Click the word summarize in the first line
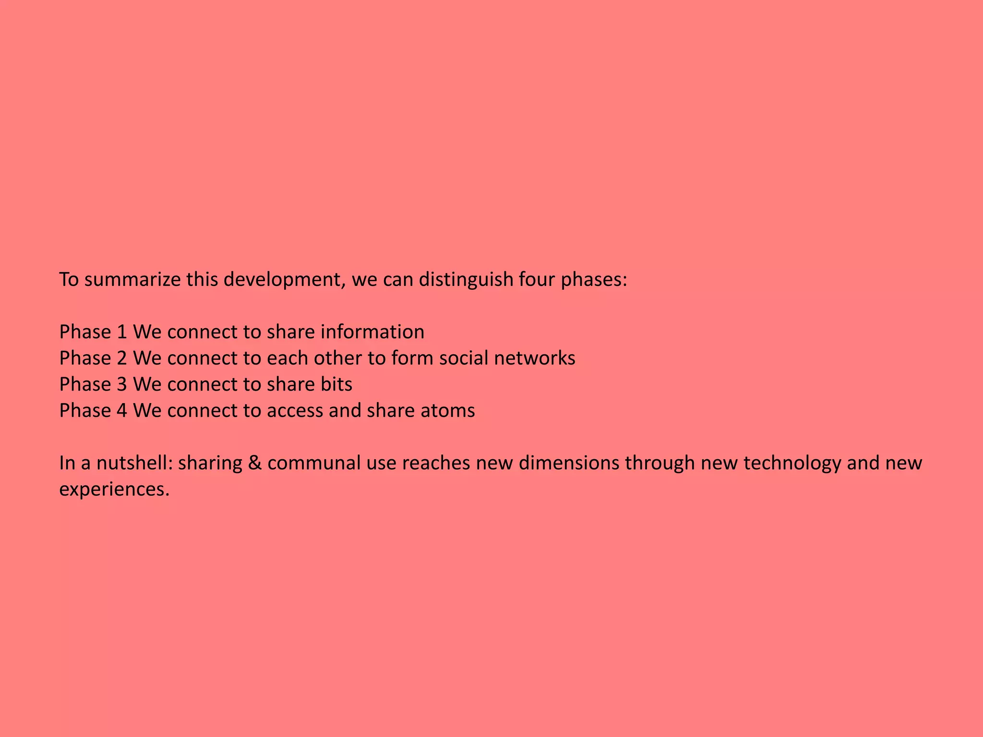132,279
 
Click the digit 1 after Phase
122,332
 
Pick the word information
372,332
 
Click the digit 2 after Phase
122,358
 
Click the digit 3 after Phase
122,384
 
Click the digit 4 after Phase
122,411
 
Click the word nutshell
134,463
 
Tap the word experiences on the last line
114,489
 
